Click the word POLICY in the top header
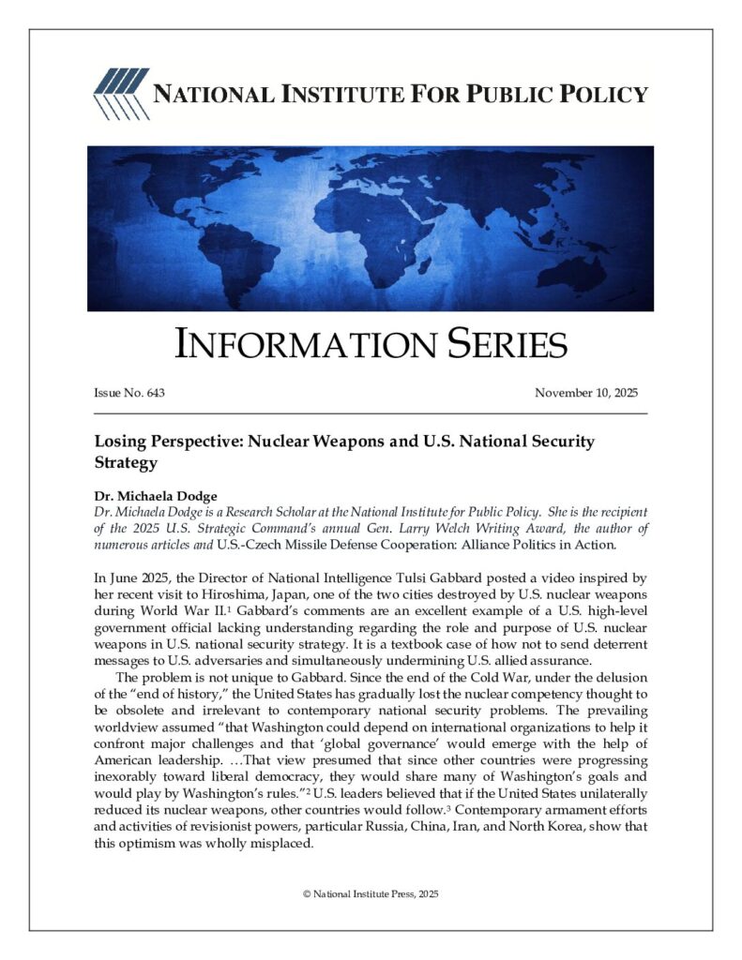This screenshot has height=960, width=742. pyautogui.click(x=600, y=94)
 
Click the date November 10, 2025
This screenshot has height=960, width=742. pyautogui.click(x=586, y=392)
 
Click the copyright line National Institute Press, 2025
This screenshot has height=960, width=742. pyautogui.click(x=371, y=893)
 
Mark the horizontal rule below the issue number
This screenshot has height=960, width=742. pyautogui.click(x=371, y=413)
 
